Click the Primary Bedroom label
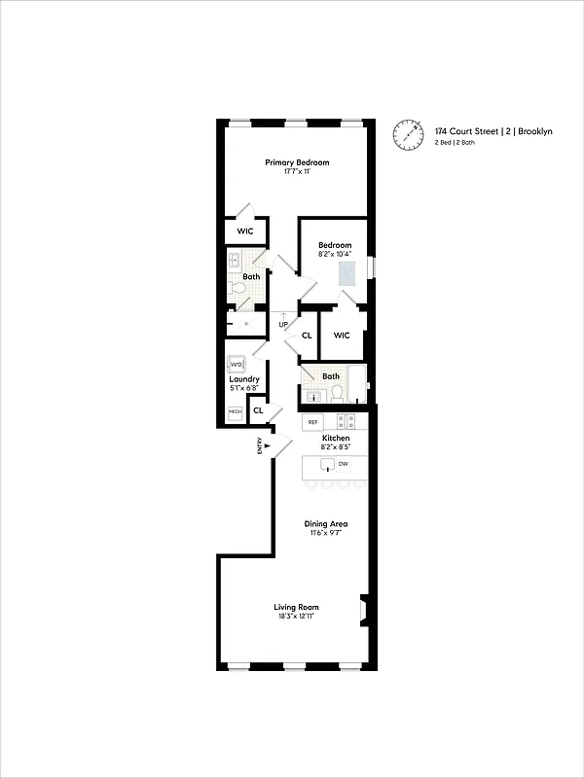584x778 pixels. tap(297, 162)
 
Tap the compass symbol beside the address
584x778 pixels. tap(410, 135)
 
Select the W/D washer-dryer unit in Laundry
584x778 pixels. tap(237, 365)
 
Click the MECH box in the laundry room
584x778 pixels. tap(235, 412)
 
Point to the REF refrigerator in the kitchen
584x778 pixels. tap(312, 422)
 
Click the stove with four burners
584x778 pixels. tap(346, 422)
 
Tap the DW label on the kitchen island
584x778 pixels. tap(343, 464)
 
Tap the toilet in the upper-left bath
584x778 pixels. tap(235, 288)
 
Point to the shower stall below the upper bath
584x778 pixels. tap(246, 323)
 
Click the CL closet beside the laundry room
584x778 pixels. tap(258, 411)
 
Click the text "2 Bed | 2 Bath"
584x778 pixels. tap(455, 143)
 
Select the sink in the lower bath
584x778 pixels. tap(313, 395)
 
